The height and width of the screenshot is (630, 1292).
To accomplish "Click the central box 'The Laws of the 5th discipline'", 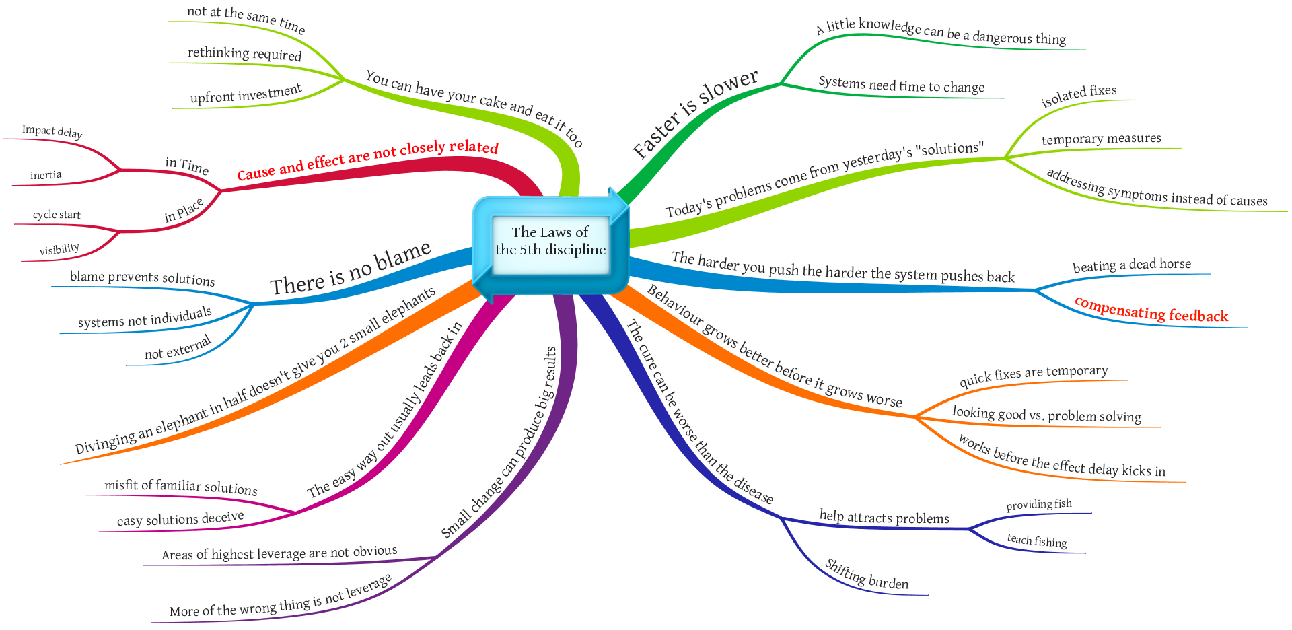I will point(550,242).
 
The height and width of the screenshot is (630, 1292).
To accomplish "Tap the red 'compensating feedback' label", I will point(1151,310).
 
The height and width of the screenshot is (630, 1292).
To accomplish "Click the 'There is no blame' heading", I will point(350,269).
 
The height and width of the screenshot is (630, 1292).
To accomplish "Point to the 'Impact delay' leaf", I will point(52,131).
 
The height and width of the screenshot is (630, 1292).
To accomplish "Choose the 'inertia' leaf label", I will point(46,176).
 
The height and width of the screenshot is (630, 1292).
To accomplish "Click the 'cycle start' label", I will point(57,215).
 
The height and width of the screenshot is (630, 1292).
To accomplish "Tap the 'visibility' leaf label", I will point(59,250).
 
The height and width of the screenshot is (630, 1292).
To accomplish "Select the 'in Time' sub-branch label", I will point(187,166).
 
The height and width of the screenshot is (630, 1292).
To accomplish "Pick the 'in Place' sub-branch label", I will point(184,211).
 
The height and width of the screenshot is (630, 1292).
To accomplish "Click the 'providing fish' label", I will point(1038,505).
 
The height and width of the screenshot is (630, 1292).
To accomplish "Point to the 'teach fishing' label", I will point(1036,541).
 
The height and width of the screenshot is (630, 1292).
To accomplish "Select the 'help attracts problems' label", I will point(884,518).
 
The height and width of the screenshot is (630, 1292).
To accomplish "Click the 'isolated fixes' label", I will point(1079,96).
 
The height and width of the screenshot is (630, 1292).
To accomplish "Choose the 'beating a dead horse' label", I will point(1131,265).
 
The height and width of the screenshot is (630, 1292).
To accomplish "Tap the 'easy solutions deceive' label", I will point(180,519).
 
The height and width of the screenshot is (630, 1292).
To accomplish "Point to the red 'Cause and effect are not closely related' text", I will point(367,160).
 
